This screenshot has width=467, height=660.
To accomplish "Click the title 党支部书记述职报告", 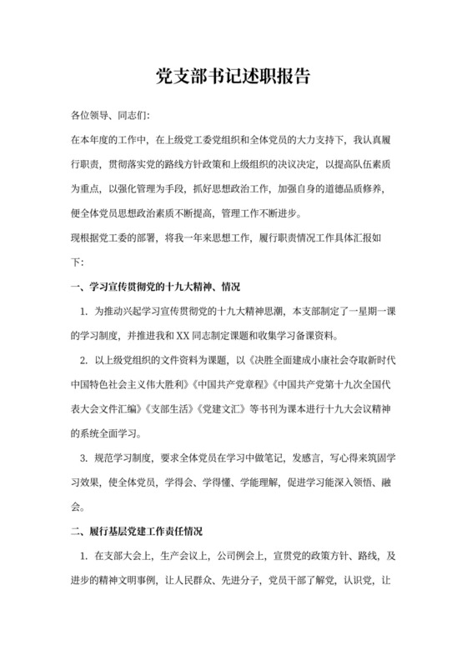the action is [x=233, y=77].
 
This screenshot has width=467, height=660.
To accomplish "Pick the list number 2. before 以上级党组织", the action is [x=84, y=361].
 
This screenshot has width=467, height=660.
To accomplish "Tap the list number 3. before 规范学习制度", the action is [x=84, y=457].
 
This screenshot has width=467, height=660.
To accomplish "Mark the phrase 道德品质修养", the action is [x=363, y=187].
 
